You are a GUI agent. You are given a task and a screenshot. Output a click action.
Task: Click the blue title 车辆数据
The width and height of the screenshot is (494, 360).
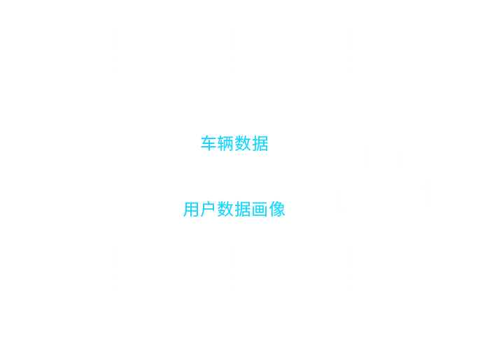pyautogui.click(x=234, y=145)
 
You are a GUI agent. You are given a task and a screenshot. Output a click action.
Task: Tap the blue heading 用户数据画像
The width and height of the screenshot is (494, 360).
pyautogui.click(x=234, y=210)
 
